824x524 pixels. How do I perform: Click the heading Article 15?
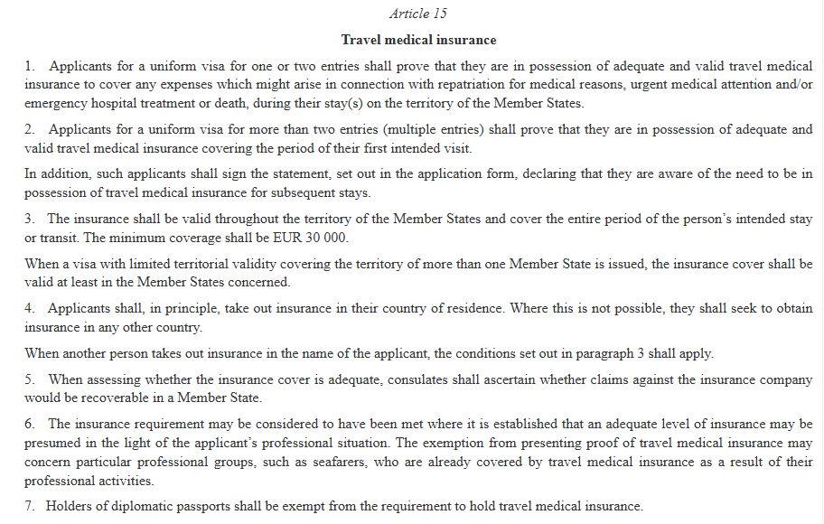[x=417, y=14]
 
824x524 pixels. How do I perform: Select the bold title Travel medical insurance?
[x=418, y=40]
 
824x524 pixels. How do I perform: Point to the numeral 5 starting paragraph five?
[x=29, y=380]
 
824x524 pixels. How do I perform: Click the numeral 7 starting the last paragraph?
[x=29, y=506]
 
